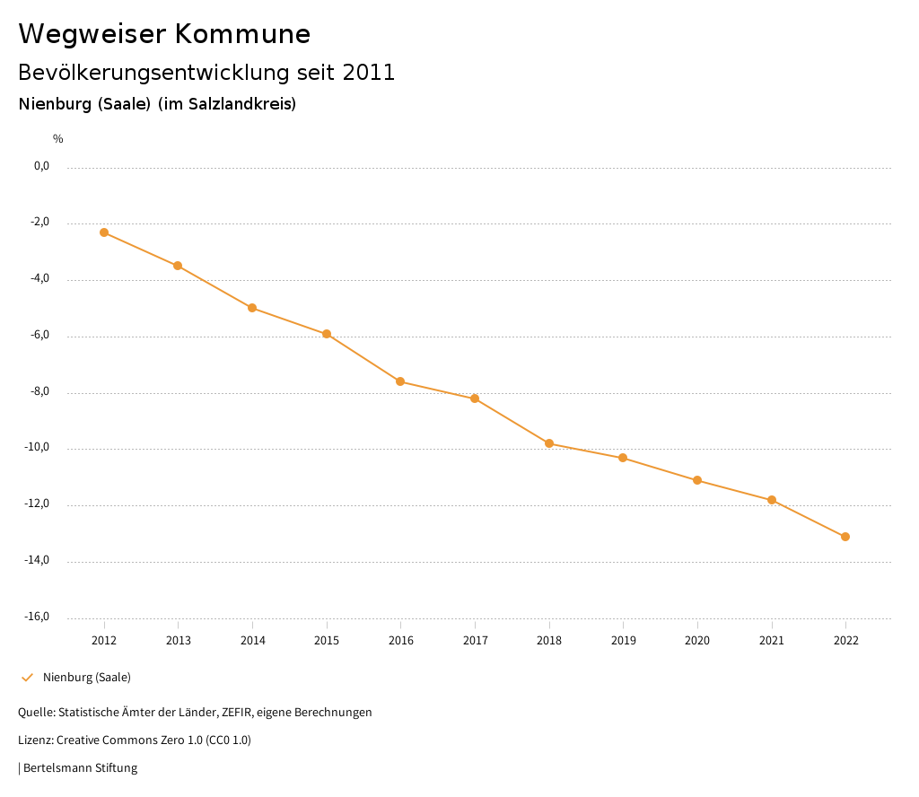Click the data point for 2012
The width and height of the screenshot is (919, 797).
[104, 232]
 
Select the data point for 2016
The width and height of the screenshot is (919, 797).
[400, 381]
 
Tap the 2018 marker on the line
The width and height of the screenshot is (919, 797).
[549, 443]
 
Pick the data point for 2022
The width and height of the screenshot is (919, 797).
[845, 537]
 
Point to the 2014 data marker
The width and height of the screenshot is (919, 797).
[252, 308]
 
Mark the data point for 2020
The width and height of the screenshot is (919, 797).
[697, 480]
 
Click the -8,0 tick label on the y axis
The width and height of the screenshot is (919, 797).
[40, 391]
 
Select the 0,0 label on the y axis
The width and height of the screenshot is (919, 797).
[42, 166]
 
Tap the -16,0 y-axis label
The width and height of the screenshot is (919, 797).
[39, 617]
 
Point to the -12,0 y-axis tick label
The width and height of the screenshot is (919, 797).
[39, 504]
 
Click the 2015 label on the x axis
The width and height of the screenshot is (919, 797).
[327, 641]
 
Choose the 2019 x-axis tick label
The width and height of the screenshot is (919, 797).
[623, 641]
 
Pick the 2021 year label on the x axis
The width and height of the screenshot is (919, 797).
[772, 641]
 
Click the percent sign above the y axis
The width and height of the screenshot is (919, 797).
[57, 139]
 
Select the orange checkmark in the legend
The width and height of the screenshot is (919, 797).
[27, 678]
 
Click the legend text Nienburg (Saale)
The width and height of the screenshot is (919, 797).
[87, 678]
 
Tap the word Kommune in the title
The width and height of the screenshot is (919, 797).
[243, 34]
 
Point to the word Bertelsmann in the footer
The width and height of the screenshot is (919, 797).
[57, 768]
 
